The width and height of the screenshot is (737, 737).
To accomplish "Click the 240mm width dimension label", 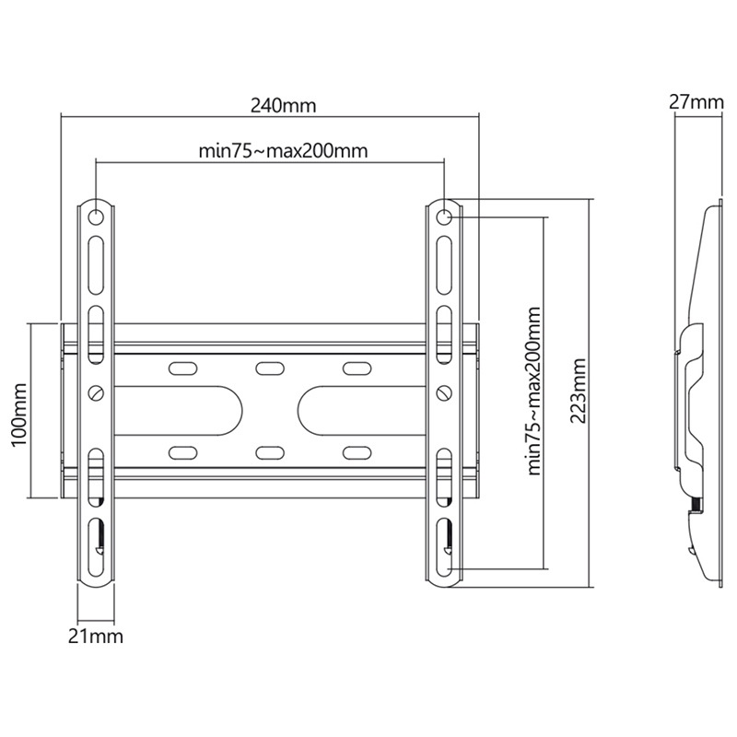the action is coord(283,106).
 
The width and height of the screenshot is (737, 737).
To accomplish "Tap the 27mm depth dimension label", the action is coord(696,101).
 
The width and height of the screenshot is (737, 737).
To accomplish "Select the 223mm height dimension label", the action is coord(579,391).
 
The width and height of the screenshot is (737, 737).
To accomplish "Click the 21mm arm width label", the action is coord(96,637).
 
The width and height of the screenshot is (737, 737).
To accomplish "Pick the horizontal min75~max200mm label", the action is coord(283,151).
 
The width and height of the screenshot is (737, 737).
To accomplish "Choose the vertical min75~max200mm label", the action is coord(534,391).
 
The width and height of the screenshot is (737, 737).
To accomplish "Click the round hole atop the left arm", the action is coord(96,217).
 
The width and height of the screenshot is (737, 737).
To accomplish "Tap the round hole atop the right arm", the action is coord(444,217).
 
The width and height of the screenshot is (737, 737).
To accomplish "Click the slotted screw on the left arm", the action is coord(97,392).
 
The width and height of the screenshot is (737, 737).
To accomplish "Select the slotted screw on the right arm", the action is coord(444,392).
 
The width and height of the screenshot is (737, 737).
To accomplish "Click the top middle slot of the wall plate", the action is coord(270,368).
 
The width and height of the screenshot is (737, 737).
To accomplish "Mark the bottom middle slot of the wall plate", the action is coord(270,452).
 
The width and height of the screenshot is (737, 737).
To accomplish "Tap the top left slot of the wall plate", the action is coord(182,368).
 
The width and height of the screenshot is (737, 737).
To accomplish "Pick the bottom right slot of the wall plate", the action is coord(357,452).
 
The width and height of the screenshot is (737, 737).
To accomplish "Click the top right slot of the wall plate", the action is coord(357,368).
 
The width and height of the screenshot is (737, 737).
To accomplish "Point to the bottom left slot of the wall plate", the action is coord(182,452).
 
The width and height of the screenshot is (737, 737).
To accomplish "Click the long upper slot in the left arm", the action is coord(96,265).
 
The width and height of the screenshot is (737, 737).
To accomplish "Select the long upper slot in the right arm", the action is coord(444,265).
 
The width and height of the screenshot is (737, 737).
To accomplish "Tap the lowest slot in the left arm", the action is coord(96,546).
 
